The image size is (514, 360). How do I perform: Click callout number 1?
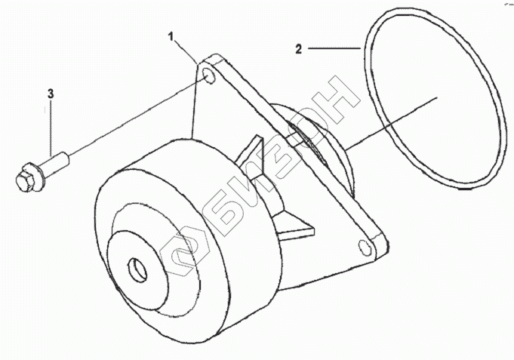(171, 36)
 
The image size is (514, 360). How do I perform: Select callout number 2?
(299, 50)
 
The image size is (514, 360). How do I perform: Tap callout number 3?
(51, 94)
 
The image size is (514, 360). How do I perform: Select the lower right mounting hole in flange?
(365, 248)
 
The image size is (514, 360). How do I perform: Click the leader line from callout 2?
(332, 50)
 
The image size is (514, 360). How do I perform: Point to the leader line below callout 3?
(51, 128)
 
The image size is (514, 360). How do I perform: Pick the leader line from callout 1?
(187, 50)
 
